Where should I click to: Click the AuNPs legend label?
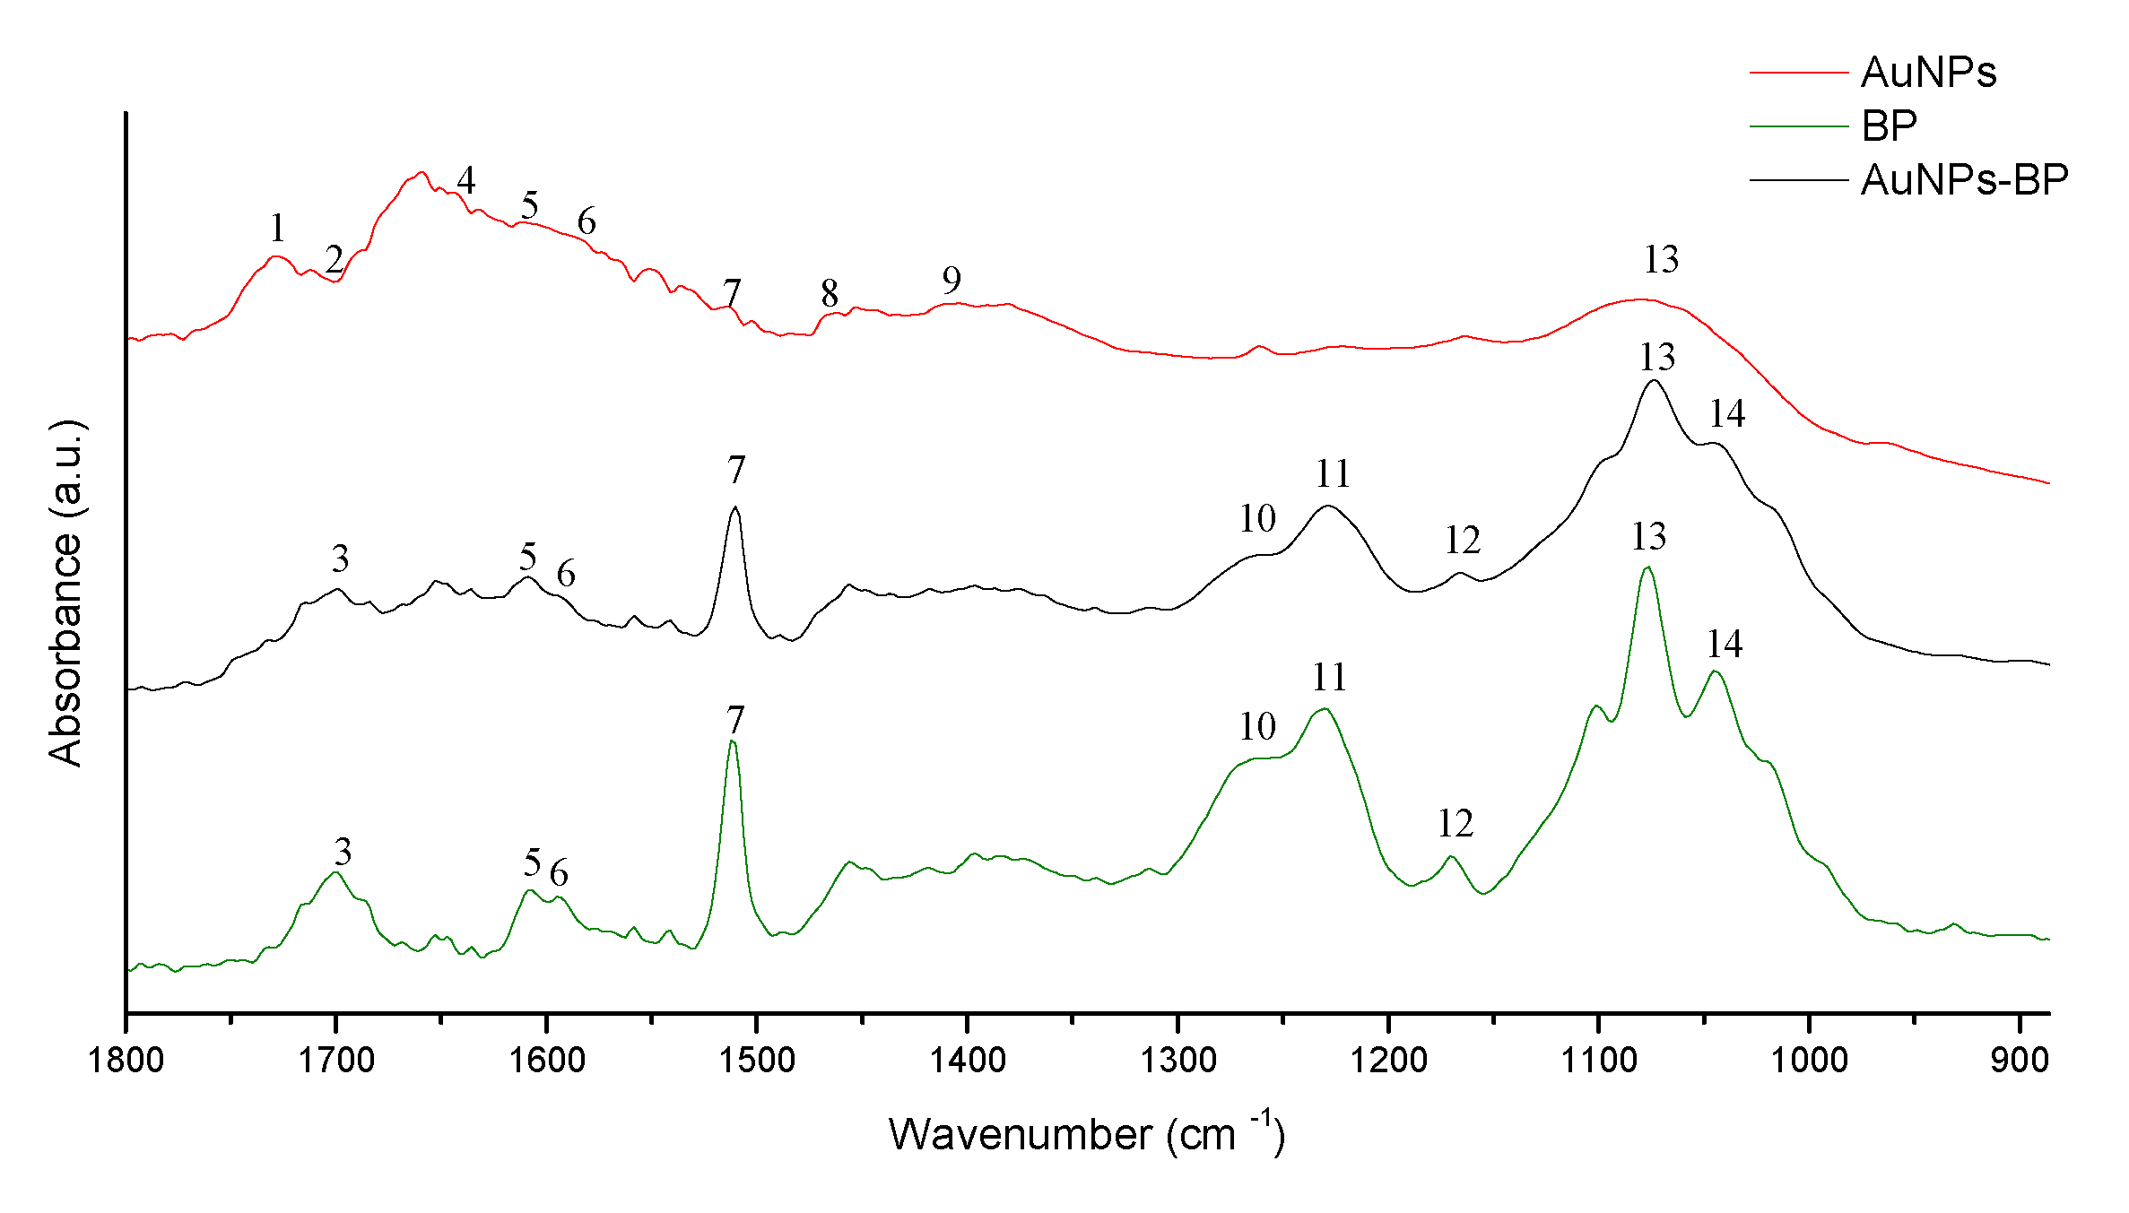tap(1928, 73)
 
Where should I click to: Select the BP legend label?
tap(1889, 126)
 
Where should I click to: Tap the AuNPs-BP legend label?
tap(1964, 180)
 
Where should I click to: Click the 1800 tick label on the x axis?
tap(126, 1061)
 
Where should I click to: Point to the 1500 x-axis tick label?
tap(757, 1061)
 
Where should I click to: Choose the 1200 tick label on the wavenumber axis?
tap(1388, 1061)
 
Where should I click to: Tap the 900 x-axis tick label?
tap(2020, 1061)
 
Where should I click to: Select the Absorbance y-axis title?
tap(65, 593)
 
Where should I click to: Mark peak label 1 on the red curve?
tap(277, 229)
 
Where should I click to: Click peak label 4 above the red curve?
tap(465, 181)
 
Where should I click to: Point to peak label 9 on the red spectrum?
tap(952, 282)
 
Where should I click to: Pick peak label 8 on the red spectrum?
tap(830, 294)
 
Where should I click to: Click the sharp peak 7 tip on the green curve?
tap(733, 741)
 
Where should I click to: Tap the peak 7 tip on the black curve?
tap(735, 507)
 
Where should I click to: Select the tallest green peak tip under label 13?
tap(1647, 567)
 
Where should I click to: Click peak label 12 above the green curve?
tap(1456, 824)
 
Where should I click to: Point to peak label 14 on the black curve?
tap(1726, 414)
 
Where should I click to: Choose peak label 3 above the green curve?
tap(343, 852)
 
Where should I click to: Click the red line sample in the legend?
tap(1798, 73)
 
